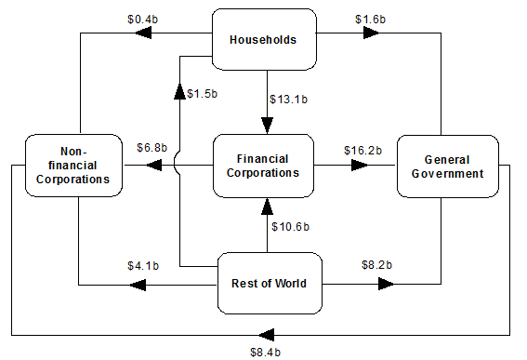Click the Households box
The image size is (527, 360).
click(264, 39)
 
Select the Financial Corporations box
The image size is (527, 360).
click(264, 166)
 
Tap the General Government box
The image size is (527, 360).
click(448, 167)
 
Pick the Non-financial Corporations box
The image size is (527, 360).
click(74, 166)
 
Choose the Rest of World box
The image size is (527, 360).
click(270, 284)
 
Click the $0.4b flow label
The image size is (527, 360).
click(142, 20)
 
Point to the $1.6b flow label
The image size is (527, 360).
click(370, 20)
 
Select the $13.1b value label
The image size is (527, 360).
click(289, 100)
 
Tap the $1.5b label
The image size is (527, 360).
click(203, 94)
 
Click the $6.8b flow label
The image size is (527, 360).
click(152, 148)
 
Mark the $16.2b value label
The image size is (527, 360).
click(363, 151)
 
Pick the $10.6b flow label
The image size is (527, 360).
click(290, 227)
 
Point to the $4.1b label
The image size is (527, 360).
click(143, 266)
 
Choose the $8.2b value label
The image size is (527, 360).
click(376, 265)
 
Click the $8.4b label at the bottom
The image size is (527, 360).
click(265, 353)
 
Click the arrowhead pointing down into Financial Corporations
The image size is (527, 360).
click(267, 126)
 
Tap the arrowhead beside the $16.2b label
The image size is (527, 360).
click(360, 166)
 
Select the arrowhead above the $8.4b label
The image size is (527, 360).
click(267, 335)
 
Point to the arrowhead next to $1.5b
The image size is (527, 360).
click(179, 91)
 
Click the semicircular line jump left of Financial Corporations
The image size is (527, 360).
click(175, 165)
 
